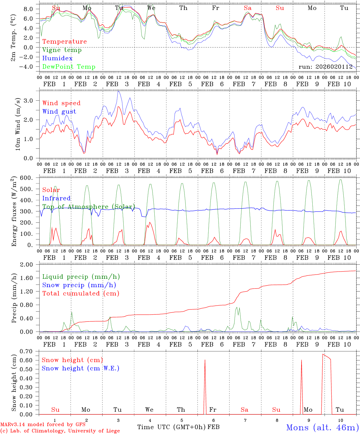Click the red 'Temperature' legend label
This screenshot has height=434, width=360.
click(65, 42)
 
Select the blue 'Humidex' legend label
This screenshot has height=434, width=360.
click(57, 58)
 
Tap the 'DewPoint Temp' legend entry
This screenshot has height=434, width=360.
click(69, 67)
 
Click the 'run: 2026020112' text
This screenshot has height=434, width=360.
click(325, 67)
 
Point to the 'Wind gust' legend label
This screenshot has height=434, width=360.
click(59, 112)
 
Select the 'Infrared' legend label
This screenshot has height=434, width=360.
click(56, 198)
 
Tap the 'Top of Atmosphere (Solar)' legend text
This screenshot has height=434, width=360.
click(88, 207)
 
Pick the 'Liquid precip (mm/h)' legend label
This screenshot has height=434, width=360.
click(81, 277)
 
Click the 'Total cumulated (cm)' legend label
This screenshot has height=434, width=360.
click(81, 294)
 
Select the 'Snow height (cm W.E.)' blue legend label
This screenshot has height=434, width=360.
click(81, 368)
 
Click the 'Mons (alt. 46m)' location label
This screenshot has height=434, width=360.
click(322, 427)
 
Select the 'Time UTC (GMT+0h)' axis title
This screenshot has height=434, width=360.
click(172, 427)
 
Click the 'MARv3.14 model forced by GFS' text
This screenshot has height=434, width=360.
click(43, 424)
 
